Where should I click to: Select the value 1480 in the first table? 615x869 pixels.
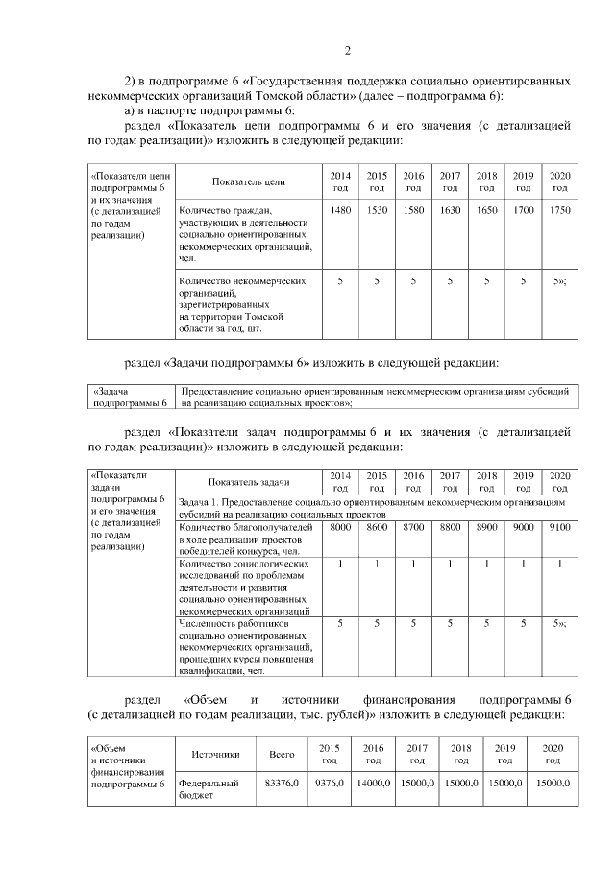(339, 210)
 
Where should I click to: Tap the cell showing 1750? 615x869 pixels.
(559, 210)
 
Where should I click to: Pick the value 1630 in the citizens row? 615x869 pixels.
(450, 210)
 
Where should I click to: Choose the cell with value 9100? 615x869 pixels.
(559, 527)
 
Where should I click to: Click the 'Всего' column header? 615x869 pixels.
(282, 754)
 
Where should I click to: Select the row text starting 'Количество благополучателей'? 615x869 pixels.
(247, 540)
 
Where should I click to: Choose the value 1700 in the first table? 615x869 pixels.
(523, 210)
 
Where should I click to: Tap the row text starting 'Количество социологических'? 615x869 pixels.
(247, 587)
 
